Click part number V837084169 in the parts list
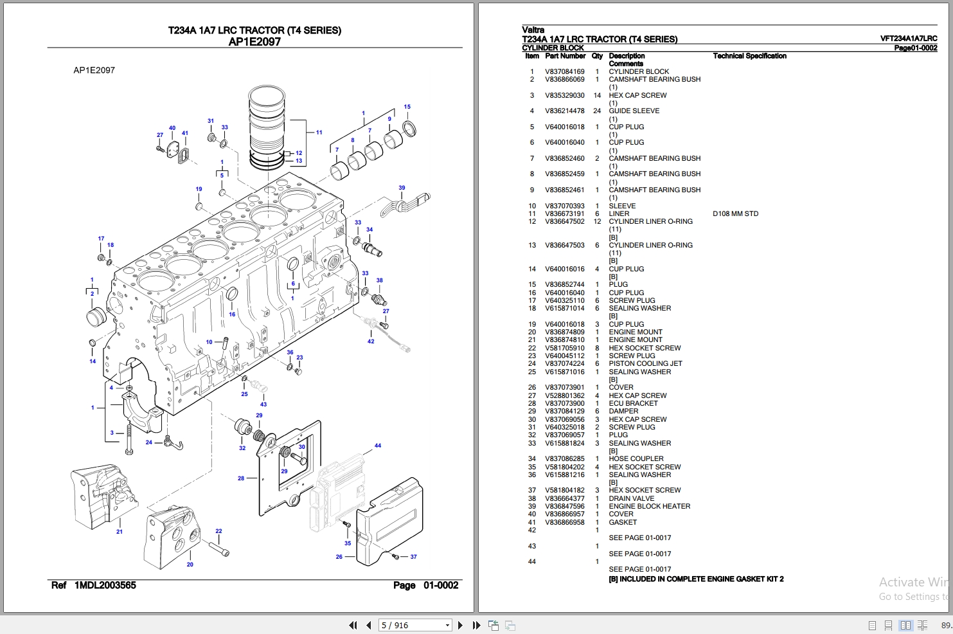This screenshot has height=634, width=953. (565, 71)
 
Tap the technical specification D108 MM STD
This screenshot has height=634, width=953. (735, 213)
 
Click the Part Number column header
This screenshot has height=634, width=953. (565, 56)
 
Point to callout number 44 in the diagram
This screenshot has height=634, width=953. (378, 446)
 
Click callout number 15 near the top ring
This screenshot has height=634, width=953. (407, 107)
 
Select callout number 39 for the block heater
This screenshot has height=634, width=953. (402, 188)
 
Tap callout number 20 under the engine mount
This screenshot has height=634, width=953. (190, 565)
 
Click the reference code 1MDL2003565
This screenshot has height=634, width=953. (105, 585)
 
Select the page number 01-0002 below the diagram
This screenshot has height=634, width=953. (441, 585)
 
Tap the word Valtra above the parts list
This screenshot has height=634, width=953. (533, 30)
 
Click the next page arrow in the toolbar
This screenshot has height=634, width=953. (460, 625)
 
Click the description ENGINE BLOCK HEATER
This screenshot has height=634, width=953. (649, 506)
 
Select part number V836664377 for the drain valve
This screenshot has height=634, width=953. (565, 498)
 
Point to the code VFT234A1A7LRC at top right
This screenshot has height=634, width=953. (908, 39)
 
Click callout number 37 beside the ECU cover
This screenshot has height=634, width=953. (413, 557)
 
